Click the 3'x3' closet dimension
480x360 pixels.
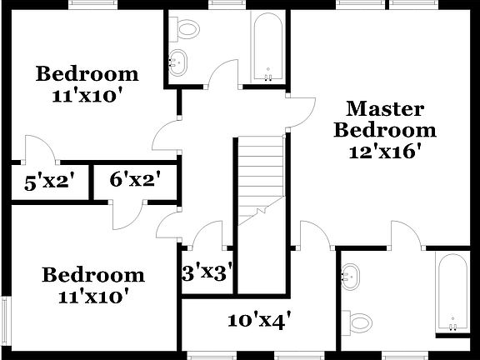pos(206,272)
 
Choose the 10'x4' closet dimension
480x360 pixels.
pos(258,319)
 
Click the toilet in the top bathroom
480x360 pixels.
pos(189,30)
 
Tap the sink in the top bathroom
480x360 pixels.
pos(177,61)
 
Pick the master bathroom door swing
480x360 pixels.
pos(406,233)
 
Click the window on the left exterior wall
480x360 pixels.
pos(5,324)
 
